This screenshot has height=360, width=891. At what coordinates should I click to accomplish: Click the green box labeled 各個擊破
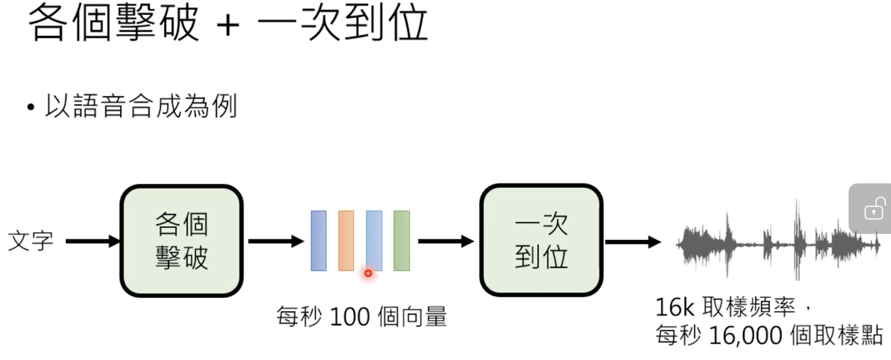click(x=181, y=241)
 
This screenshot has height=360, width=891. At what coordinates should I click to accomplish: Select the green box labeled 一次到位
click(x=542, y=241)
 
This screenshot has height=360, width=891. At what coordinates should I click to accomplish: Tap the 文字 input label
click(x=30, y=241)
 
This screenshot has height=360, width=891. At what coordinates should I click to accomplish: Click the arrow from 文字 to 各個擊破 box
click(x=92, y=241)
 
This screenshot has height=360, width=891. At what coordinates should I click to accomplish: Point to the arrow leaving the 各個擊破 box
click(x=276, y=241)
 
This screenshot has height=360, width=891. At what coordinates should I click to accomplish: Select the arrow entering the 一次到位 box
click(x=445, y=241)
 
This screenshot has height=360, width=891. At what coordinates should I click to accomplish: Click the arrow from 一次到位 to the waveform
click(x=633, y=241)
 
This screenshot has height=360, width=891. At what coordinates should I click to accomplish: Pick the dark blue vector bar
click(x=318, y=241)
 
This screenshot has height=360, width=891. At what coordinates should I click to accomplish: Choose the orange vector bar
click(x=346, y=241)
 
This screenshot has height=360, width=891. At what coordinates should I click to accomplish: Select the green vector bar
click(x=401, y=241)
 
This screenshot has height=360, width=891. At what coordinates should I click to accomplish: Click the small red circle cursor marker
click(x=368, y=273)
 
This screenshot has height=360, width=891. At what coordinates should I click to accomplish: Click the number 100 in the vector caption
click(x=350, y=316)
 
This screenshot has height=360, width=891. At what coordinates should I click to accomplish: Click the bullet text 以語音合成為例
click(x=140, y=105)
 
